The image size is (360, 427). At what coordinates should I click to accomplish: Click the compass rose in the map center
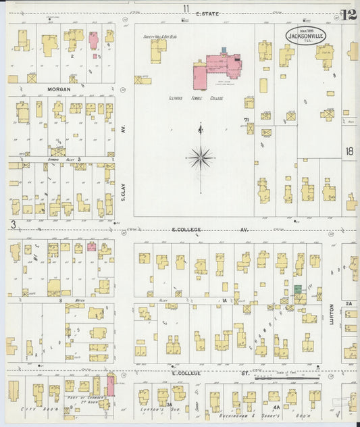point(200,157)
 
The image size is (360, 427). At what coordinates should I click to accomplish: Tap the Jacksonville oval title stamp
point(305,35)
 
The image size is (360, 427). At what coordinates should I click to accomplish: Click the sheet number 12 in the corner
point(349,14)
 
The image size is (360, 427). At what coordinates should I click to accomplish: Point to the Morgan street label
point(59,89)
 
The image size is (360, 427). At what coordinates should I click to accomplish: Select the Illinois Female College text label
point(196,99)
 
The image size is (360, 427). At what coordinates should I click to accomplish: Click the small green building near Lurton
point(297,289)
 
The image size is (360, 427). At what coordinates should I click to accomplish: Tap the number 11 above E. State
point(185,7)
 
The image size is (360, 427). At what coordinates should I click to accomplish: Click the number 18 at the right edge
point(349,153)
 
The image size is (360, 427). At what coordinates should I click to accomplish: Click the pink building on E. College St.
point(111,385)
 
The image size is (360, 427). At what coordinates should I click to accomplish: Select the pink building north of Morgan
point(93,39)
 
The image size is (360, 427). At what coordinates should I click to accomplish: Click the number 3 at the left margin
point(13,224)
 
